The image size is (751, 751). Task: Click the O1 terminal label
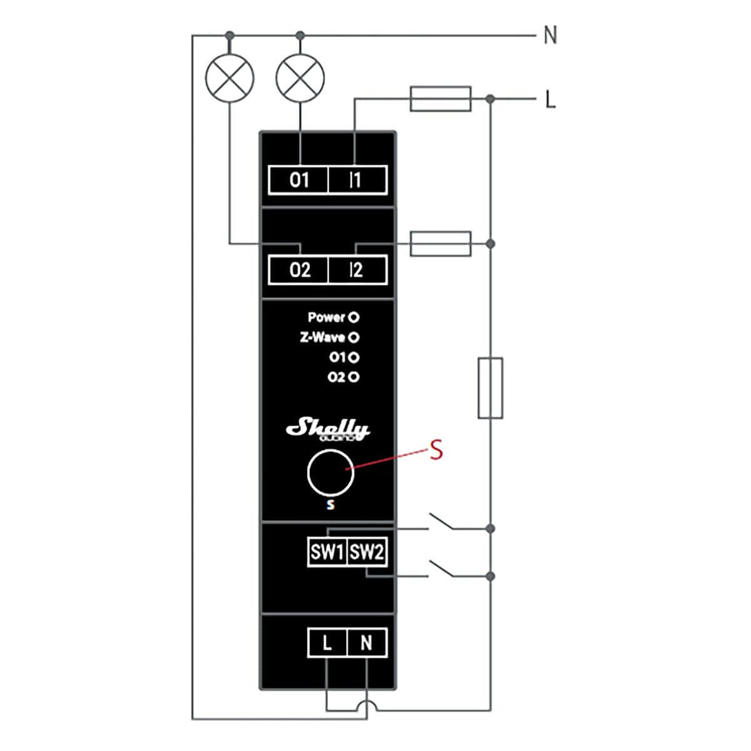tap(299, 180)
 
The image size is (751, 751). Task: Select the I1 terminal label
tap(356, 180)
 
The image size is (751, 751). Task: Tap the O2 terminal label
tap(299, 270)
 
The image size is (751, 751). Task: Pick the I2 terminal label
tap(356, 270)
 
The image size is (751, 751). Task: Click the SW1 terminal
tap(327, 552)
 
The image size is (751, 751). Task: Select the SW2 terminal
tap(367, 552)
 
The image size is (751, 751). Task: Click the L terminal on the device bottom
tap(327, 643)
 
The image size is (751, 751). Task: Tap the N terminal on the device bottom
tap(367, 643)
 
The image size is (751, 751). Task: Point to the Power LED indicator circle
tap(354, 317)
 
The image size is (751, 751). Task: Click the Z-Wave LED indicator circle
tap(354, 337)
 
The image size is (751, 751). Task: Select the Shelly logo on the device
tap(328, 429)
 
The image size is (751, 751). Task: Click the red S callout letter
tap(436, 450)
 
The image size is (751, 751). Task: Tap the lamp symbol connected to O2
tap(230, 78)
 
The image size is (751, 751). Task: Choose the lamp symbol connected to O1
tap(300, 78)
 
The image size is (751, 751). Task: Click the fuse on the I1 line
tap(441, 99)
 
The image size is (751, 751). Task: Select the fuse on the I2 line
tap(441, 243)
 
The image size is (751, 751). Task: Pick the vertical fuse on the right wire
tap(490, 388)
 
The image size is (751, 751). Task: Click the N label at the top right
tap(550, 35)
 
